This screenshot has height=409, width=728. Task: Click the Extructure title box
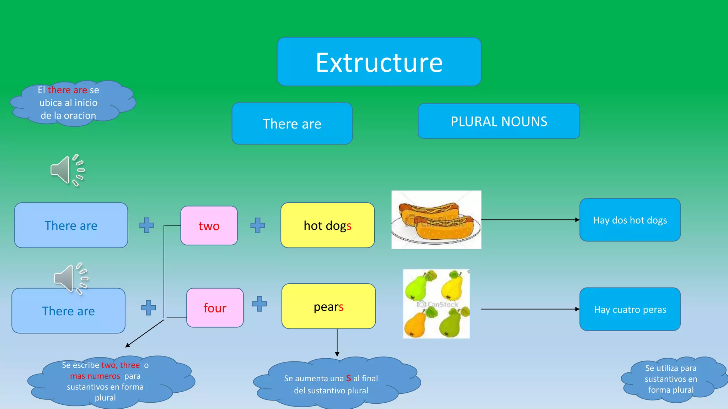click(379, 62)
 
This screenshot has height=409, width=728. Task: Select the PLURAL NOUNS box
click(499, 121)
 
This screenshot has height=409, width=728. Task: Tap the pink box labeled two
click(209, 226)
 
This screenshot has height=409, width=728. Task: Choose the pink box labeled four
click(215, 308)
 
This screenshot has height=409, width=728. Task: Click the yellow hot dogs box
click(327, 225)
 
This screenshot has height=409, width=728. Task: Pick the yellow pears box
click(328, 306)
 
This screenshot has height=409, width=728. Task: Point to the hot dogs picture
click(436, 220)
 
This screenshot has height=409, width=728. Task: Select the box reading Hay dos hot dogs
click(630, 220)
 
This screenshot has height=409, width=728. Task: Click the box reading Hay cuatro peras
click(630, 309)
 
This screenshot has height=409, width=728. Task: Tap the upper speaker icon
click(67, 170)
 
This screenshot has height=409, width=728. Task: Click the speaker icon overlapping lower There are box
click(70, 279)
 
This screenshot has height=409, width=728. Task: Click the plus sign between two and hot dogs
click(258, 225)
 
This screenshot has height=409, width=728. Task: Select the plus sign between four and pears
click(259, 304)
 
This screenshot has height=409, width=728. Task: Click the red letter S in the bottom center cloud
click(348, 378)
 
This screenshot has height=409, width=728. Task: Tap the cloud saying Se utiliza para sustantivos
click(670, 379)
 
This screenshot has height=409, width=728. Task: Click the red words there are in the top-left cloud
click(67, 90)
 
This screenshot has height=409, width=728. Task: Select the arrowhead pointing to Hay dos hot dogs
click(577, 220)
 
